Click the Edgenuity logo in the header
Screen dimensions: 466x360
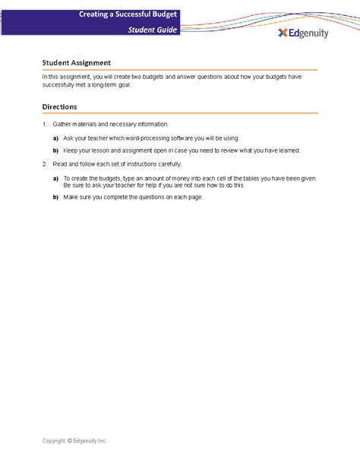click(303, 33)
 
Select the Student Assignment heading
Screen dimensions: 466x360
click(77, 62)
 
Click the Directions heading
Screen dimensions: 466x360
click(59, 107)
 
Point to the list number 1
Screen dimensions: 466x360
click(44, 124)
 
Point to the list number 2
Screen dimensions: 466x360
click(44, 163)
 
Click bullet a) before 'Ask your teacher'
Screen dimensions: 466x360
click(55, 138)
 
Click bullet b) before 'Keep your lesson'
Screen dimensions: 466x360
click(55, 151)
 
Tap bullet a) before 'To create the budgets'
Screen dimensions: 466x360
click(55, 178)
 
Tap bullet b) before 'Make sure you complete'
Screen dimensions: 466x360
click(55, 197)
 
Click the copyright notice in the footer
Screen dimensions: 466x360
click(74, 440)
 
